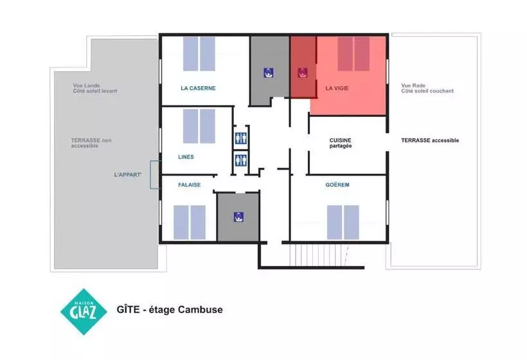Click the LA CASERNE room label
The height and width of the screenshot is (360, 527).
tap(198, 89)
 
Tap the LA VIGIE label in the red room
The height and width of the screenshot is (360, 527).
tap(337, 89)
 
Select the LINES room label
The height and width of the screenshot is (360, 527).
tap(186, 157)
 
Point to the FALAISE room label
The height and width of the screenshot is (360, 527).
tap(189, 185)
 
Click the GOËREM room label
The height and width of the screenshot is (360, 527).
tap(337, 185)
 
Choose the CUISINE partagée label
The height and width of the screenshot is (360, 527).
tap(341, 143)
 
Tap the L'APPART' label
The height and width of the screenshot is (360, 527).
tap(128, 175)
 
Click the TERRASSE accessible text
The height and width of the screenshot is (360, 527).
tap(430, 141)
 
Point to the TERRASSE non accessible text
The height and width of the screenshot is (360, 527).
tap(91, 143)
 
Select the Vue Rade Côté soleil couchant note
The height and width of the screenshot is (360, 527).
tap(427, 88)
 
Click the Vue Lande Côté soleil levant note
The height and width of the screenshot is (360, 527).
tap(95, 88)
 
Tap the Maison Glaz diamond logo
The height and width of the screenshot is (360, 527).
tap(84, 312)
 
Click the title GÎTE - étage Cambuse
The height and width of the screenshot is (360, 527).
tap(170, 309)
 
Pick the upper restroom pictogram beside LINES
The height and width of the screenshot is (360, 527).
tap(241, 138)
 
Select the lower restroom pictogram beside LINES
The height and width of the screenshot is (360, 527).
tap(241, 159)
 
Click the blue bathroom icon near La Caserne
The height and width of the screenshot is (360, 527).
tap(268, 73)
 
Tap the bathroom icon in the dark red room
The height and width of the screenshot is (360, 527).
tap(303, 73)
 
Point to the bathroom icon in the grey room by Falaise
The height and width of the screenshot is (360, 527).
tap(238, 217)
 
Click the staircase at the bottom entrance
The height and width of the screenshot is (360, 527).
tap(319, 255)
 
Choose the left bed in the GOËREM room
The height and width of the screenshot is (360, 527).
tap(334, 222)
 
